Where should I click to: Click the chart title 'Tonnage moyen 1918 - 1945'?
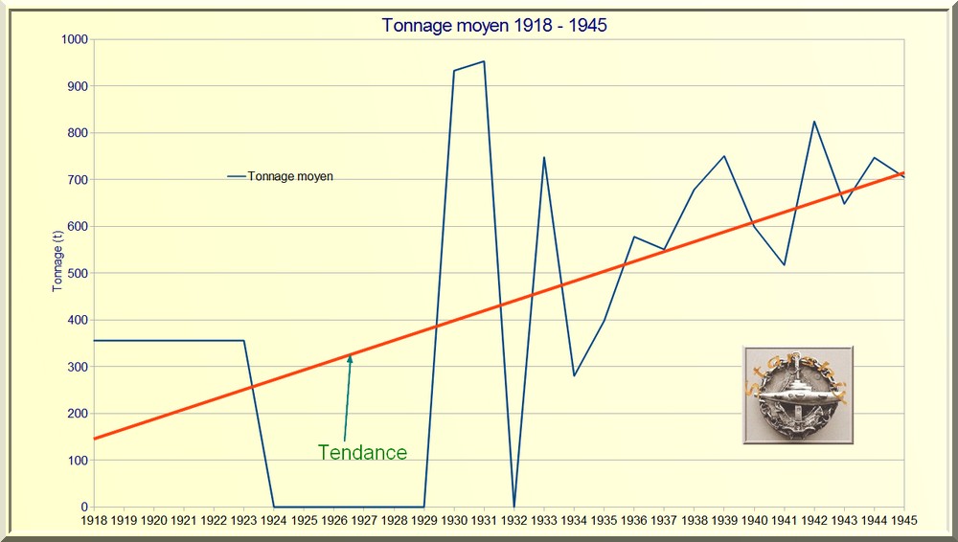[x=494, y=26]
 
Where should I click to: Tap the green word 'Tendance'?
[x=362, y=453]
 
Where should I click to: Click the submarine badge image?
[x=797, y=395]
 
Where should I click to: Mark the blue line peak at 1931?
[x=484, y=61]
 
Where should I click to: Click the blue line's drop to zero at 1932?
[x=514, y=506]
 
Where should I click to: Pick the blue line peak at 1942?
[x=814, y=122]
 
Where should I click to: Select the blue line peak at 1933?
[x=544, y=157]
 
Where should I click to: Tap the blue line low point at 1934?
[x=574, y=375]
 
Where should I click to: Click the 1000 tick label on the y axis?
[x=72, y=39]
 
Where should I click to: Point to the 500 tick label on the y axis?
[x=76, y=273]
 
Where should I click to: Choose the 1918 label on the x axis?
[x=94, y=520]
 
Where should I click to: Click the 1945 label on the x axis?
[x=904, y=520]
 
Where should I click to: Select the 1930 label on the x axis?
[x=454, y=520]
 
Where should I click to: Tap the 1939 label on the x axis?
[x=724, y=520]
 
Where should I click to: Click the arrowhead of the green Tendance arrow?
[x=351, y=357]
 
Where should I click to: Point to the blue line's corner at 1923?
[x=244, y=341]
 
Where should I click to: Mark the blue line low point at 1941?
[x=785, y=264]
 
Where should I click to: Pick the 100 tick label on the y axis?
[x=76, y=461]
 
